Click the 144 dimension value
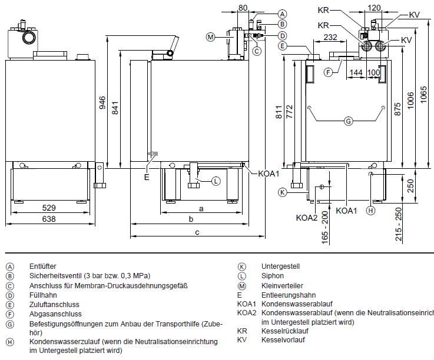click(355, 72)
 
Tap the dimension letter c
click(197, 233)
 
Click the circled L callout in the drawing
click(216, 181)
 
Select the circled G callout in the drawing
click(348, 121)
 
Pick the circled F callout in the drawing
click(329, 72)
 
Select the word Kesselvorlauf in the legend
click(282, 340)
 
